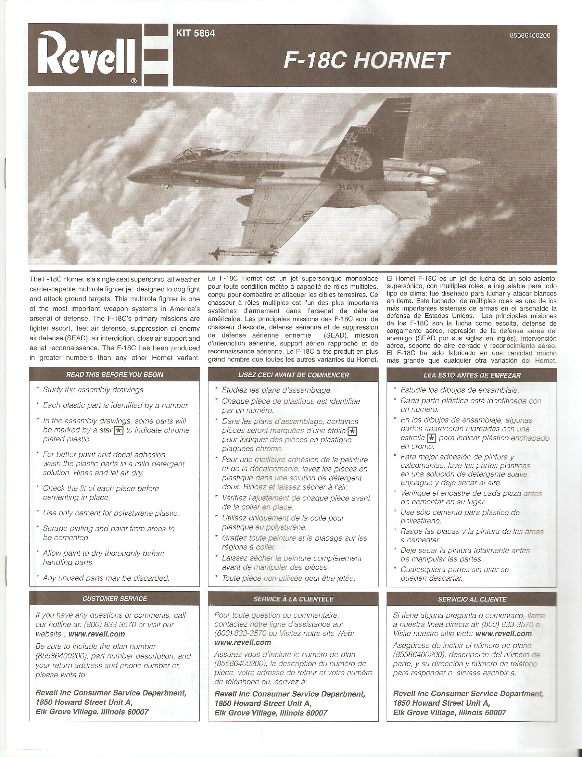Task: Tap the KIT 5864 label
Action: pos(195,34)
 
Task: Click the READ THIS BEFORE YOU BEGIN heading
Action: pos(114,375)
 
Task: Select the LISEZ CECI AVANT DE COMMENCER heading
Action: pos(293,375)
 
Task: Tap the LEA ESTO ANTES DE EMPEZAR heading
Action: pos(472,375)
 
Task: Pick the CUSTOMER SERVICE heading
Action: pos(114,599)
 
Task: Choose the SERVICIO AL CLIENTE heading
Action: pos(472,599)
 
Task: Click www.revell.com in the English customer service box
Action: pos(97,634)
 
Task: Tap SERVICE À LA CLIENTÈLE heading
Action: pos(293,599)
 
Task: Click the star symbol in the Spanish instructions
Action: pos(431,438)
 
